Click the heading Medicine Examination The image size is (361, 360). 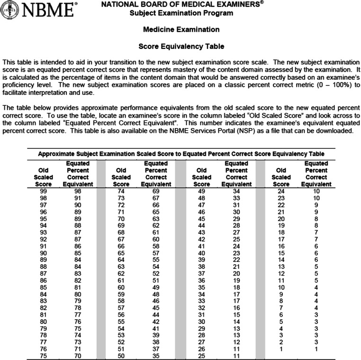181,29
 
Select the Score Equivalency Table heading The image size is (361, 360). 181,46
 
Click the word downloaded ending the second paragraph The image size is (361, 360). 335,130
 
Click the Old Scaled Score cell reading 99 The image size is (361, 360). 43,191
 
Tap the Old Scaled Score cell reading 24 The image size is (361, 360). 281,191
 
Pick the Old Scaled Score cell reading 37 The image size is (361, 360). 202,273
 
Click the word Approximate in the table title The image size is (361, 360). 55,154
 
